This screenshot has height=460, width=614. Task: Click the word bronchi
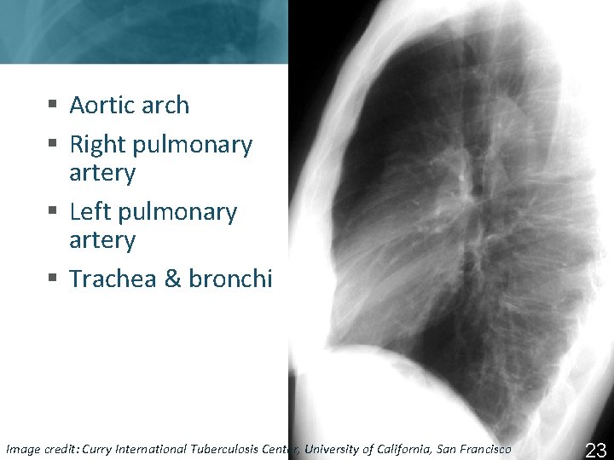[x=230, y=279]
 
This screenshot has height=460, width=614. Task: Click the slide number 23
[x=595, y=450]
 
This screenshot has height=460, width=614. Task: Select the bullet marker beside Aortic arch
[x=53, y=106]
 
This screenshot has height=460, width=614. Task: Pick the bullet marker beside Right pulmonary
[x=53, y=145]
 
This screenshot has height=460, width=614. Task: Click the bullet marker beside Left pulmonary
[x=53, y=211]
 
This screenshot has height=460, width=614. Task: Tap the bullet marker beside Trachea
[x=53, y=279]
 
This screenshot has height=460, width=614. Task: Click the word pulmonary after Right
[x=190, y=146]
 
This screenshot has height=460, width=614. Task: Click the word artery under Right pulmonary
[x=102, y=173]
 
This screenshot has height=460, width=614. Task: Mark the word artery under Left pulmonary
[x=102, y=240]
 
